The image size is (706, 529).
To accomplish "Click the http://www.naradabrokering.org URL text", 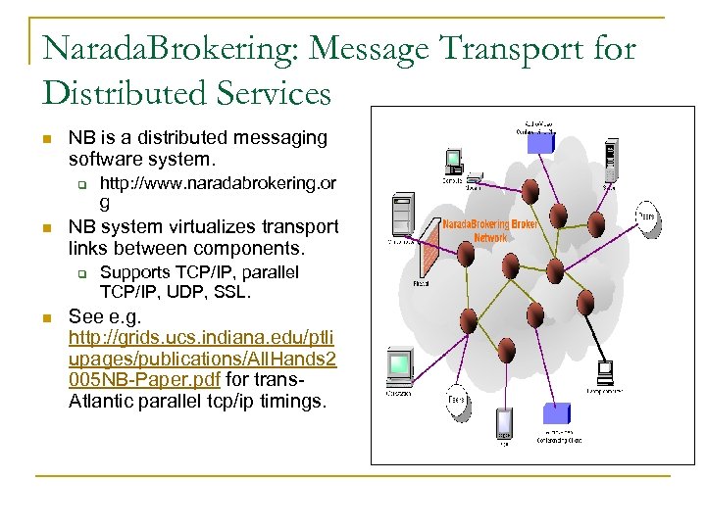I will [218, 184].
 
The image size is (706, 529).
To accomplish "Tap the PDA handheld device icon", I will [503, 422].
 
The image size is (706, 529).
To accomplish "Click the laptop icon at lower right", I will [604, 372].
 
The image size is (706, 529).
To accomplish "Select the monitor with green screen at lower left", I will [398, 368].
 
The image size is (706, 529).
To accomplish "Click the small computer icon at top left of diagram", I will [454, 161].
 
